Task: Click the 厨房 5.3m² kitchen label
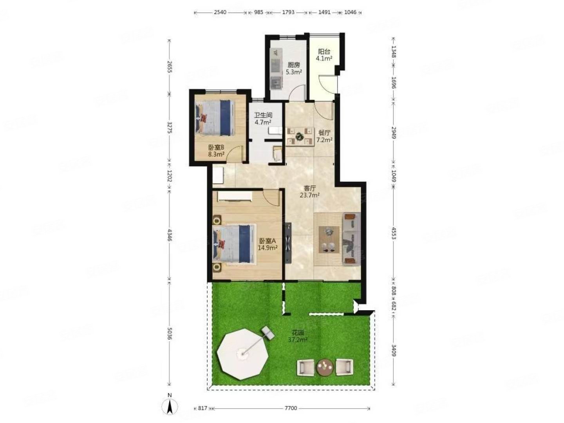pos(293,69)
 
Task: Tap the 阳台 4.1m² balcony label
pos(324,55)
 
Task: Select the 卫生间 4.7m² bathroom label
pos(263,118)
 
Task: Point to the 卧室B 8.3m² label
pos(216,151)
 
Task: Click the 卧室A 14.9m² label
pos(268,244)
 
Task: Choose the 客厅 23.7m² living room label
pos(309,192)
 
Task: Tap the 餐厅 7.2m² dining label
pos(324,136)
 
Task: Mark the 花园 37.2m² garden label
pos(297,336)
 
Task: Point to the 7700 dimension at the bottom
pos(290,408)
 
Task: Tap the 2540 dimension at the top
pos(220,12)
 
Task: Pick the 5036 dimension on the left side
pos(170,333)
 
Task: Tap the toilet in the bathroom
pos(277,154)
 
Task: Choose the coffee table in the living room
pos(328,239)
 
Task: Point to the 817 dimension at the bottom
pos(202,408)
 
